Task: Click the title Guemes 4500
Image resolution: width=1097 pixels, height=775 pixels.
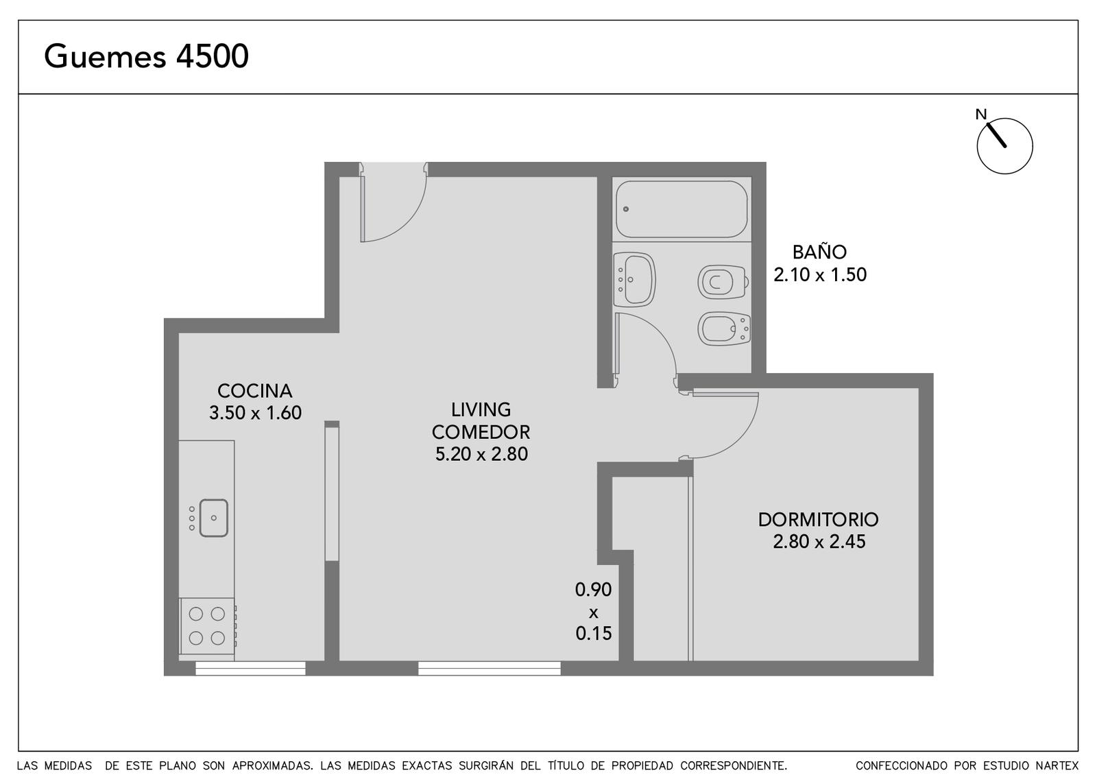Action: point(147,57)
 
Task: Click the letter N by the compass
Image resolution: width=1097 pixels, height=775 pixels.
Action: point(981,114)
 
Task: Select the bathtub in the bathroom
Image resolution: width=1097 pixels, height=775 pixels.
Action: point(682,209)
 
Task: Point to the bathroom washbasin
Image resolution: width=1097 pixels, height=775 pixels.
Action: point(634,280)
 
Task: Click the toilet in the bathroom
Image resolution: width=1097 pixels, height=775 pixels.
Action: point(723,282)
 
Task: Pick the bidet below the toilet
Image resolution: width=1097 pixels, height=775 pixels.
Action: point(724,329)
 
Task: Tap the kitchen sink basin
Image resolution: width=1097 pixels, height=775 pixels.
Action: point(213,518)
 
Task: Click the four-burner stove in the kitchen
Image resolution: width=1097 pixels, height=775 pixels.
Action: point(208,626)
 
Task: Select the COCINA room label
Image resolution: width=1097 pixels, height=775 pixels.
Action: point(254,391)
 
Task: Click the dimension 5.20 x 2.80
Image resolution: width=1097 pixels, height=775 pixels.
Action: point(481,454)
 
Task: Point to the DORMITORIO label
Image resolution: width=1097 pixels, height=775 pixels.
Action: point(819,520)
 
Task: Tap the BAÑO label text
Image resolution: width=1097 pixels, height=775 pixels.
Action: point(819,252)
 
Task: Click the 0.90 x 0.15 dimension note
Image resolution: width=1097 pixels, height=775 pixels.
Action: point(594,611)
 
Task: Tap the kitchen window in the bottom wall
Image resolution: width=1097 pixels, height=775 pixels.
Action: point(250,668)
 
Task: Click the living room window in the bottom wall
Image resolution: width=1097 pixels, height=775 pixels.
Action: point(490,668)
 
